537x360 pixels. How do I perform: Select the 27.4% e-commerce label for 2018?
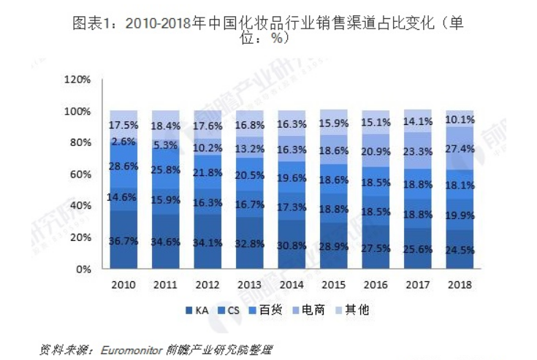(x=460, y=148)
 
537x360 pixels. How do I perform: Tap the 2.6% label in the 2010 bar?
(x=124, y=142)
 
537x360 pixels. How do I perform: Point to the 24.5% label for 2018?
(x=460, y=250)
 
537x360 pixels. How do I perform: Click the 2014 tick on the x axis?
(x=292, y=283)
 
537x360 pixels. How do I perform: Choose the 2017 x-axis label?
(x=419, y=283)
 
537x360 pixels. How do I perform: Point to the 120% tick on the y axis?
(x=77, y=79)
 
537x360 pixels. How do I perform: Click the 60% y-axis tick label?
(x=79, y=175)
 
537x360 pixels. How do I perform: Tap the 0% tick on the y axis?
(x=82, y=269)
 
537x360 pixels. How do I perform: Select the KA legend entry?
(x=196, y=310)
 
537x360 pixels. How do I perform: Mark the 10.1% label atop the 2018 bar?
(x=460, y=119)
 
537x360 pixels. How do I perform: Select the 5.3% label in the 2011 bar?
(x=166, y=145)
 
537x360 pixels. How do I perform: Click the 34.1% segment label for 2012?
(x=208, y=243)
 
